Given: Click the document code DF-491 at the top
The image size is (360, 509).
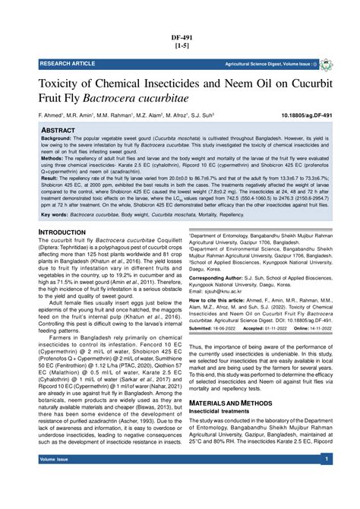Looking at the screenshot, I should tap(180, 36).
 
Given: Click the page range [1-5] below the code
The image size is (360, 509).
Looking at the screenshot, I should tap(180, 46).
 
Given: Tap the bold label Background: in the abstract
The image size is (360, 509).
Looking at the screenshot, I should tap(61, 140).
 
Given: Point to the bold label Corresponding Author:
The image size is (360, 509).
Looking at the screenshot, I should tap(219, 278).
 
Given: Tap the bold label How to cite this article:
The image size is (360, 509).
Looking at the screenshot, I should tap(223, 301).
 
